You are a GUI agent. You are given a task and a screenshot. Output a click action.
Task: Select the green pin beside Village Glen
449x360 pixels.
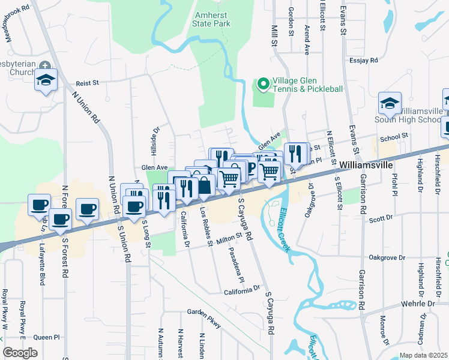[262, 84]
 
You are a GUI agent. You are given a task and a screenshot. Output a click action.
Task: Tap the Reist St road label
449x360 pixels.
[87, 84]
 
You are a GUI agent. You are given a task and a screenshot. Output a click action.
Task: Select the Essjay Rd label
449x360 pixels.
[364, 61]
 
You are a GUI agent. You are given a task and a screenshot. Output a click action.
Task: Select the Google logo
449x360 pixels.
[20, 352]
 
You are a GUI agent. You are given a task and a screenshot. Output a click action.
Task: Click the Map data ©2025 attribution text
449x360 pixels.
[424, 355]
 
